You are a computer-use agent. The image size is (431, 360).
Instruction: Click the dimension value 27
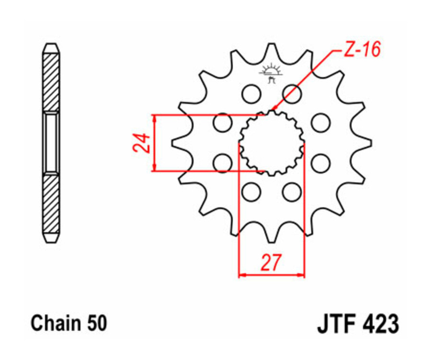click(x=271, y=262)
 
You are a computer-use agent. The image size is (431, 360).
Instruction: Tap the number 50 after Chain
click(x=97, y=324)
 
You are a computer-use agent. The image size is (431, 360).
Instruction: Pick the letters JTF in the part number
click(x=336, y=324)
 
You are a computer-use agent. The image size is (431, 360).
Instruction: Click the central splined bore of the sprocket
click(x=272, y=143)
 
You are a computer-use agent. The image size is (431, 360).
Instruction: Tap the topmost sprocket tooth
click(x=272, y=49)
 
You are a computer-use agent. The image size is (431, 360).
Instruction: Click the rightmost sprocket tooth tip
click(x=369, y=142)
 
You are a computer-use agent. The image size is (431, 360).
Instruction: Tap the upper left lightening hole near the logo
click(x=250, y=93)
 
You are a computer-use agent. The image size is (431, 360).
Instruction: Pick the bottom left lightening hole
click(x=250, y=192)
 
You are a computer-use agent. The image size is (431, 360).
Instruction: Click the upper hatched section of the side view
click(x=51, y=81)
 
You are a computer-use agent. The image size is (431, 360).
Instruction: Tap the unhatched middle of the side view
click(x=51, y=143)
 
